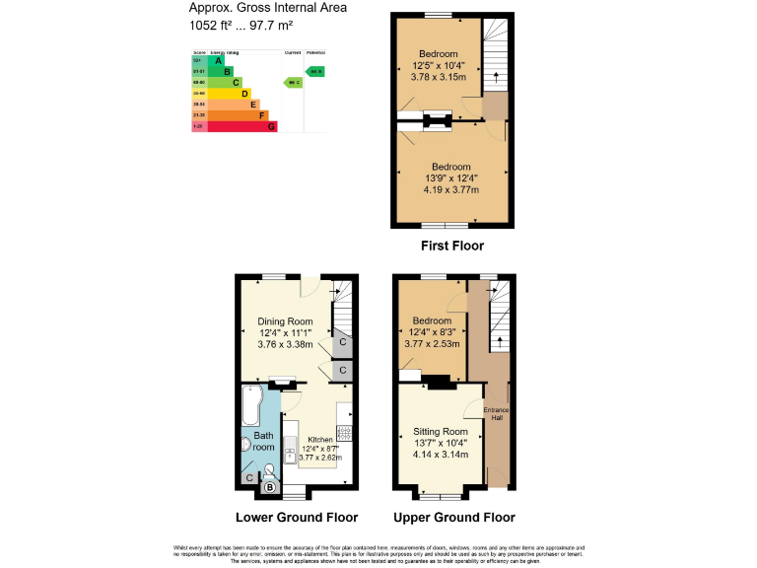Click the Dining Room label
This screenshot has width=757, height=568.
(x=285, y=321)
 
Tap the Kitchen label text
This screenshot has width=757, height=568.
(x=320, y=440)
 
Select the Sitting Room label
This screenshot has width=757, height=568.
(x=441, y=432)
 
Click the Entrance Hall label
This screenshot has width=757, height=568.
(x=497, y=413)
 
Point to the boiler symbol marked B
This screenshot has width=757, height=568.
(x=269, y=484)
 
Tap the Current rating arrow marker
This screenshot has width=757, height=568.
(x=292, y=82)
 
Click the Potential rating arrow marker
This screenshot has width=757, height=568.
(x=314, y=71)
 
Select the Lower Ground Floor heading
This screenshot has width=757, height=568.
(x=296, y=518)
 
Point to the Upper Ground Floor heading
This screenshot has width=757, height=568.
(x=453, y=518)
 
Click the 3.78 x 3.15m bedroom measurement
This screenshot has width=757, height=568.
(x=439, y=76)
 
